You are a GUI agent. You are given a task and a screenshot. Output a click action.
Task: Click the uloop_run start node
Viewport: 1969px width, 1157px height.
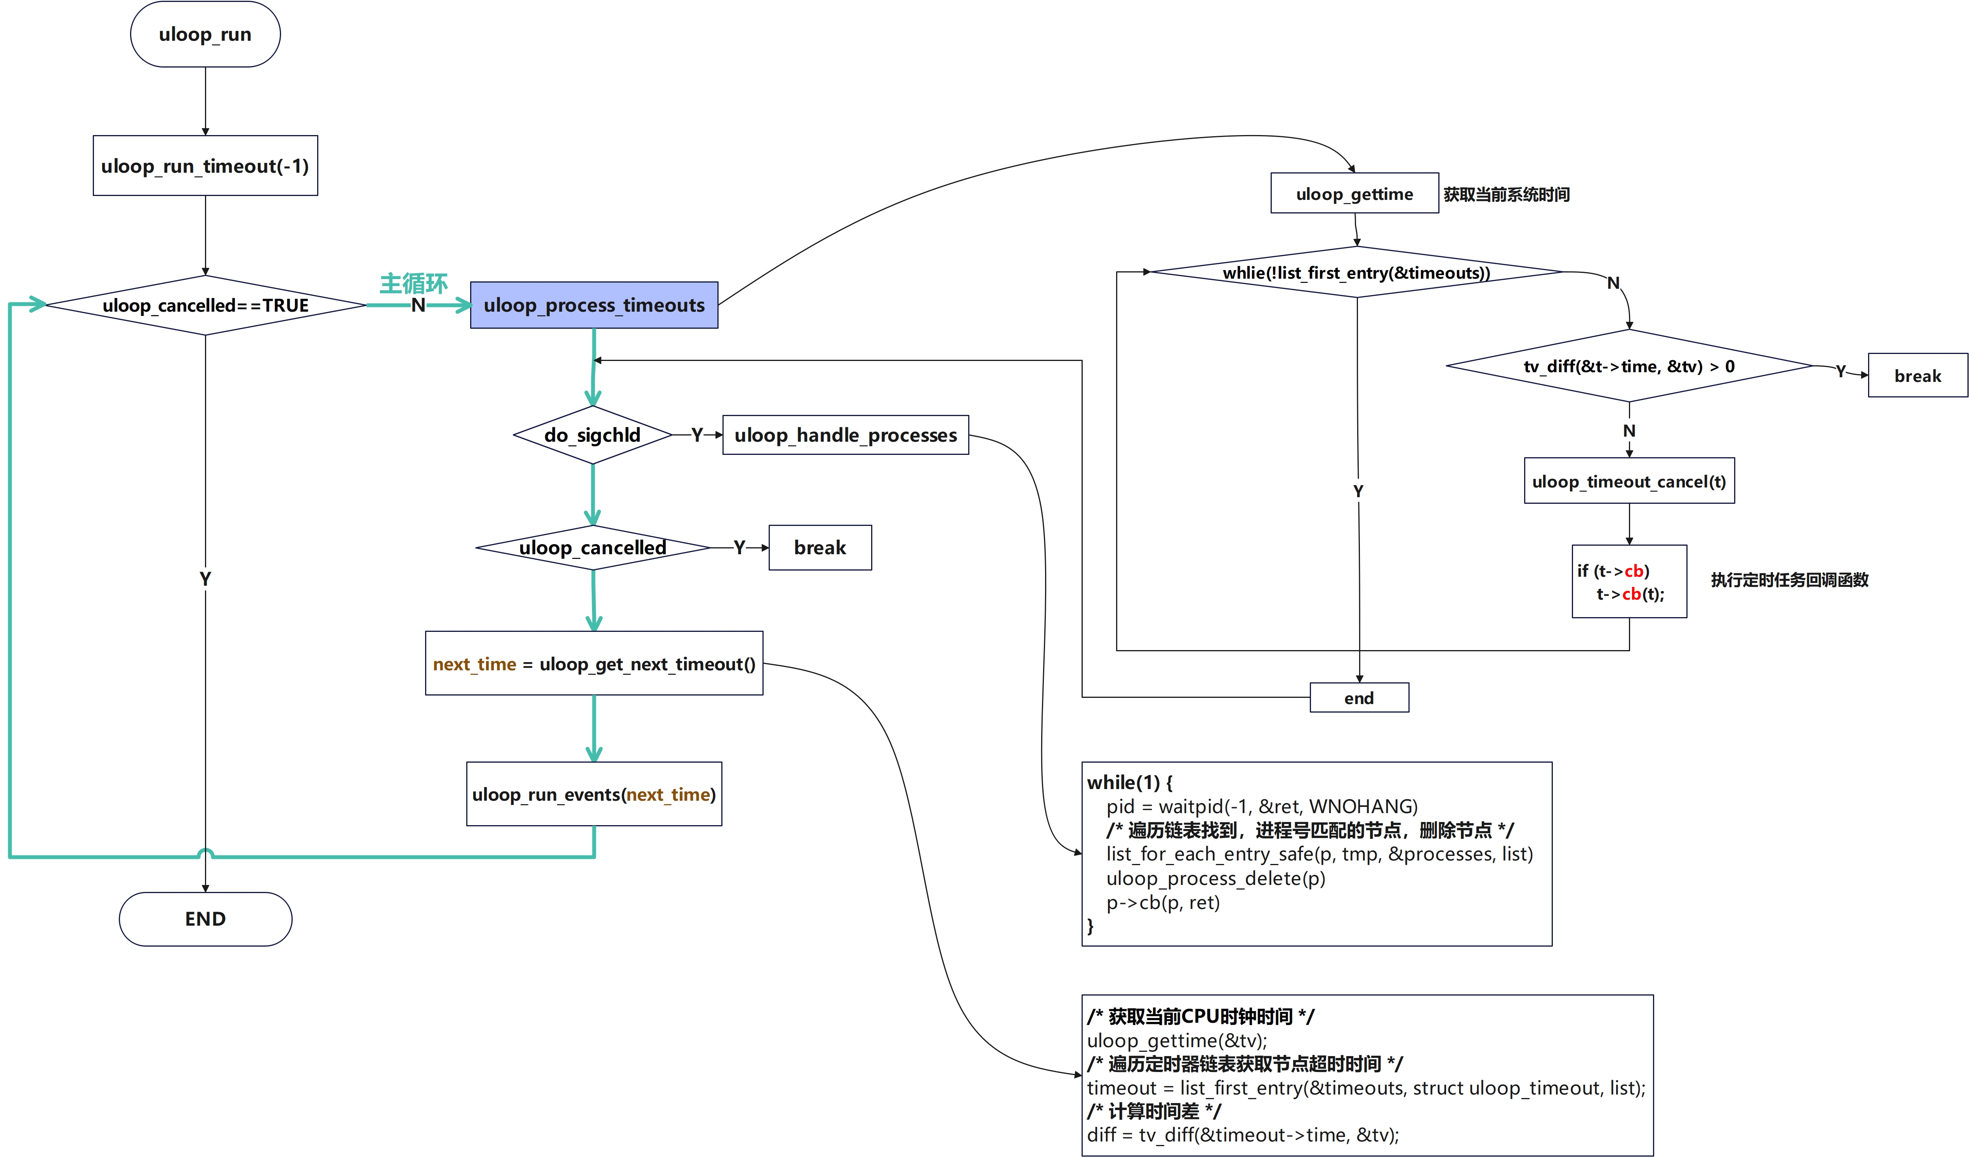[205, 35]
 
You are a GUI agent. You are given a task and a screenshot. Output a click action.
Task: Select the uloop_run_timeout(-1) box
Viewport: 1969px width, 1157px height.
[205, 166]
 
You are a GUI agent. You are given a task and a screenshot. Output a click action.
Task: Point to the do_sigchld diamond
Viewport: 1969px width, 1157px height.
[592, 435]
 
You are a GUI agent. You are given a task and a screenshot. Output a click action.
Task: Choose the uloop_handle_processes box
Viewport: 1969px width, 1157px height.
[846, 435]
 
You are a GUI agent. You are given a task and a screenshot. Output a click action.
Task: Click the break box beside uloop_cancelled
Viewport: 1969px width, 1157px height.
[820, 548]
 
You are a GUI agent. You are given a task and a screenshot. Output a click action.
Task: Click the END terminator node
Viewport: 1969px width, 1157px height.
[205, 919]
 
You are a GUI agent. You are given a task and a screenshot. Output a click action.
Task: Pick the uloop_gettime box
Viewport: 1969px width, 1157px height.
[1354, 194]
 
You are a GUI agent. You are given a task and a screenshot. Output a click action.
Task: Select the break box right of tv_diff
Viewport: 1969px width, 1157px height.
[1917, 376]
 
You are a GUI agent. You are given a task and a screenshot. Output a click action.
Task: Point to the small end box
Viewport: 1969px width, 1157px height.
[1359, 697]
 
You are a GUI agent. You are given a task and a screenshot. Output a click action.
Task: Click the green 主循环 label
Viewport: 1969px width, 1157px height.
[413, 283]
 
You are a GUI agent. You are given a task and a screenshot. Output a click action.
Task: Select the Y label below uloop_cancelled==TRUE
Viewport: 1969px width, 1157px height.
[205, 579]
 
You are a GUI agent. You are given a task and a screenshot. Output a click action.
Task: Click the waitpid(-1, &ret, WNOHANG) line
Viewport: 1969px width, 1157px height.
[1261, 806]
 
